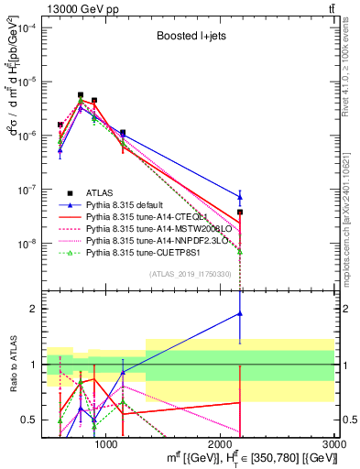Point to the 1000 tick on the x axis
click(106, 445)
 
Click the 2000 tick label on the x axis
click(221, 445)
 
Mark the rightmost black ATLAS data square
click(240, 212)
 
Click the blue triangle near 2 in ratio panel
click(240, 313)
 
